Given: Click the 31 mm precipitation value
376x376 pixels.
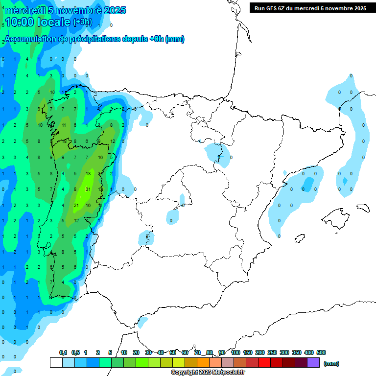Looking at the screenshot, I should click(88, 189).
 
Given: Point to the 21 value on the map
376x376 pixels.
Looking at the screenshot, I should click(76, 206).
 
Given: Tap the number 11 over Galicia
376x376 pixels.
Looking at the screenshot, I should click(64, 125).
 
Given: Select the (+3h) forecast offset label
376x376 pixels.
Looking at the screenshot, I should click(82, 22).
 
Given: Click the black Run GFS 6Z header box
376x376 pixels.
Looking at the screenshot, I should click(310, 8).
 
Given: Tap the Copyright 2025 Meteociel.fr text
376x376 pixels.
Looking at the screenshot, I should click(208, 373).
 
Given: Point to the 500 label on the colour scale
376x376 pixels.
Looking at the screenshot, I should click(321, 352).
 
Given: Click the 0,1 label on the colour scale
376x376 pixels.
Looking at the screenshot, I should click(63, 352).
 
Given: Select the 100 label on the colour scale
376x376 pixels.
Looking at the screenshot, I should click(235, 352).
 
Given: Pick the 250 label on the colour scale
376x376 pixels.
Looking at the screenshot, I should click(272, 352).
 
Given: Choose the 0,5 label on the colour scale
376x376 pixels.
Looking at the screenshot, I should click(75, 352).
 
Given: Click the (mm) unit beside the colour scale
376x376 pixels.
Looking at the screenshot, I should click(331, 363).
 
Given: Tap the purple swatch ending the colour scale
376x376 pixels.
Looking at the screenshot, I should click(313, 362).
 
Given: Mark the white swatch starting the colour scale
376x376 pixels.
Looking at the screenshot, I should click(56, 362).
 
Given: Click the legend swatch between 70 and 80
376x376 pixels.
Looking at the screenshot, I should click(203, 362).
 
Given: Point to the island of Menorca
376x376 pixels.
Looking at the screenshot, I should click(363, 208).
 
